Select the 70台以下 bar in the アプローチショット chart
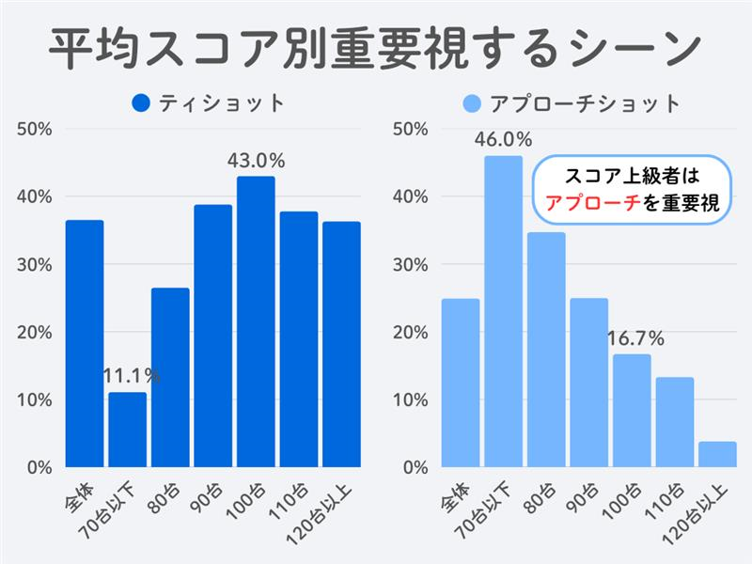pyautogui.click(x=503, y=311)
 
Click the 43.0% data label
pyautogui.click(x=256, y=161)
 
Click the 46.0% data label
pyautogui.click(x=503, y=140)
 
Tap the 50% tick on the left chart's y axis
pyautogui.click(x=35, y=129)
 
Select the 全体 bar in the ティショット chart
pyautogui.click(x=85, y=343)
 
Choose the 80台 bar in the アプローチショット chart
pyautogui.click(x=546, y=350)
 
